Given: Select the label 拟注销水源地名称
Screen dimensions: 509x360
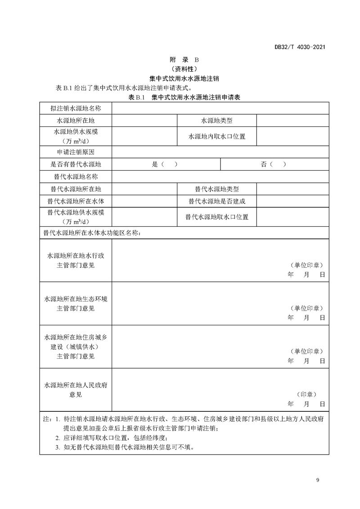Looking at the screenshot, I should coord(76,109).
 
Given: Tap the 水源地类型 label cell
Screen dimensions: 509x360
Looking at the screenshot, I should coord(217,121).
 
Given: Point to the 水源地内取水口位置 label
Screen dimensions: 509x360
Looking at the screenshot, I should coord(217,136).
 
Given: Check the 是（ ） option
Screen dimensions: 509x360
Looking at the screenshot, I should coord(165,164).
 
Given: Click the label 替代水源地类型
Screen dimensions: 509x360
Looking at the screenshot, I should coord(217,189).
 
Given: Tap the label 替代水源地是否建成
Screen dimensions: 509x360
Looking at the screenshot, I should coord(217,201).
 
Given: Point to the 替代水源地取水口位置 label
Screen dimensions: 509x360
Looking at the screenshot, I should coord(217,216).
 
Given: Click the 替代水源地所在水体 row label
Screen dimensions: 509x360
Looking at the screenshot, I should coord(76,201).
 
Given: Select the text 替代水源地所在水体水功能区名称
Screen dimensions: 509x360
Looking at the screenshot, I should coord(92,233).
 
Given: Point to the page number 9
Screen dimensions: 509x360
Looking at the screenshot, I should coord(318,481).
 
